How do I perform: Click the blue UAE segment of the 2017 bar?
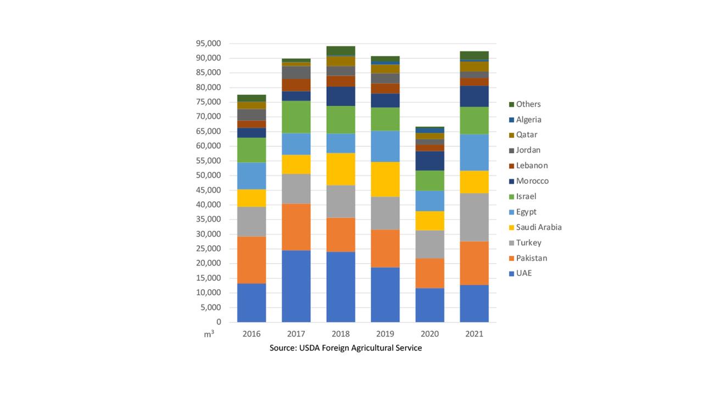pos(296,286)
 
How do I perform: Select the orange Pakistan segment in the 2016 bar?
pos(252,260)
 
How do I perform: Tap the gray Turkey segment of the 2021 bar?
pos(474,217)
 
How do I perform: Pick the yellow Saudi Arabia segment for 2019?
pos(385,179)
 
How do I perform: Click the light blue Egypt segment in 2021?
pos(474,153)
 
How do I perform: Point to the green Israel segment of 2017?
pos(296,117)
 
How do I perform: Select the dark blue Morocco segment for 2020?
pos(429,161)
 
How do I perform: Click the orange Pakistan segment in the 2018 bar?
pos(341,235)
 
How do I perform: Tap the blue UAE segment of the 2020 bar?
pos(429,305)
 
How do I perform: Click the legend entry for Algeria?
pos(528,120)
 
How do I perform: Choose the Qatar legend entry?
pos(526,135)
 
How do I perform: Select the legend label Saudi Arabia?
pos(538,227)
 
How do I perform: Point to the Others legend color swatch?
pos(511,104)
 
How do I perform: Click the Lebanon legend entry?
pos(532,166)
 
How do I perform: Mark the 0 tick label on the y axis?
pos(218,322)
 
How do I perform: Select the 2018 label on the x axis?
pos(341,334)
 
